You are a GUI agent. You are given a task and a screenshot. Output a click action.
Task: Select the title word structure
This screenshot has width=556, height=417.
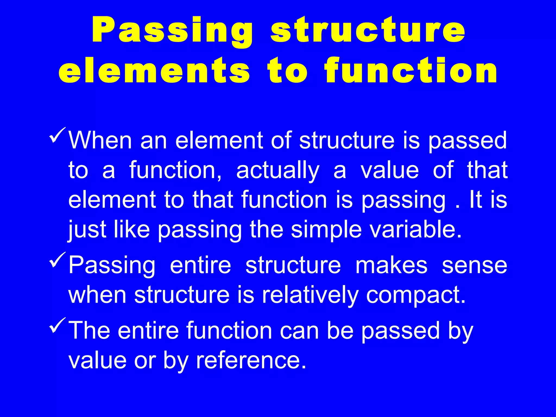coord(368,30)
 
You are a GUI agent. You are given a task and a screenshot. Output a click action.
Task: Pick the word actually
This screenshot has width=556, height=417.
coord(277,170)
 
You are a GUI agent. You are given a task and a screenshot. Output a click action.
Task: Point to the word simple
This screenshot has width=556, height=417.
coord(326,230)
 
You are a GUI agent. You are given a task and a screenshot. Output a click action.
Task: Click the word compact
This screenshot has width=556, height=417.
coord(416,295)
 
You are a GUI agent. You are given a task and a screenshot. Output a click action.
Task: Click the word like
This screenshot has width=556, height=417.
coord(132,229)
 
